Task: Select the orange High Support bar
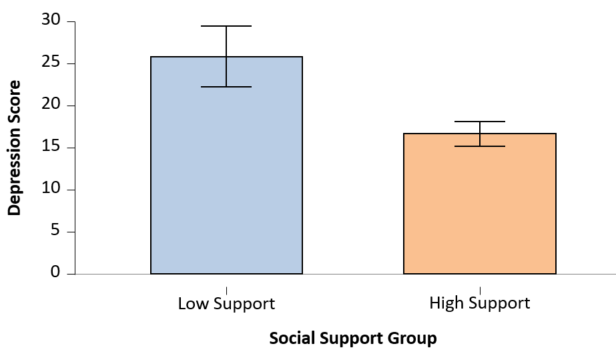(479, 214)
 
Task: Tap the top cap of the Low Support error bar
(226, 26)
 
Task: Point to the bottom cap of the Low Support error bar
(226, 87)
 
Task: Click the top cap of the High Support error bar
(479, 122)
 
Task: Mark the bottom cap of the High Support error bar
(479, 146)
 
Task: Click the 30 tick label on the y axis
(51, 21)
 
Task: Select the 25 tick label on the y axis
(51, 63)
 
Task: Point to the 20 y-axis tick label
(51, 106)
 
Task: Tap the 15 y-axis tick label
(51, 148)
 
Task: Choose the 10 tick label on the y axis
(51, 190)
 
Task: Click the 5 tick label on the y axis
(55, 232)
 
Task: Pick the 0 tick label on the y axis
(55, 273)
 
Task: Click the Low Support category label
(226, 304)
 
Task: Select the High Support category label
(479, 304)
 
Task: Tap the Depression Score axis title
(15, 148)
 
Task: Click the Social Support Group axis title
(353, 339)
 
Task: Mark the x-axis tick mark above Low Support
(226, 291)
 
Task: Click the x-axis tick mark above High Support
(479, 291)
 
